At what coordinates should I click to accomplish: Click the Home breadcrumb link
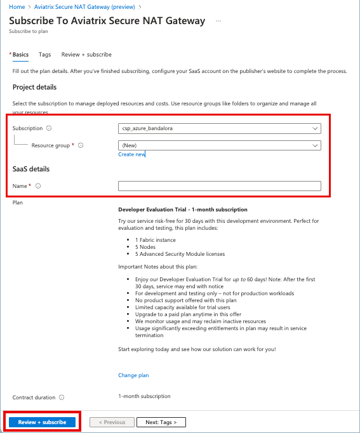pyautogui.click(x=17, y=6)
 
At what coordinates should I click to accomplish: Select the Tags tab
pyautogui.click(x=44, y=55)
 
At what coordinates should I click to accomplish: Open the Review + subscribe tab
pyautogui.click(x=86, y=55)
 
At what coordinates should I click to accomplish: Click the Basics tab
pyautogui.click(x=20, y=55)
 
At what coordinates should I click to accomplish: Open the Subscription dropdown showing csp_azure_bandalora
pyautogui.click(x=219, y=128)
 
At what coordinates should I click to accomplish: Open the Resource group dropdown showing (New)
pyautogui.click(x=219, y=145)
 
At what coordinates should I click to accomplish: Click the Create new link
pyautogui.click(x=131, y=154)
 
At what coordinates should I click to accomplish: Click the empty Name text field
pyautogui.click(x=219, y=186)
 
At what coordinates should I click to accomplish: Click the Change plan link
pyautogui.click(x=133, y=375)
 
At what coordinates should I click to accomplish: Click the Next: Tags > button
pyautogui.click(x=161, y=422)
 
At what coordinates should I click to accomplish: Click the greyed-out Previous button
pyautogui.click(x=112, y=422)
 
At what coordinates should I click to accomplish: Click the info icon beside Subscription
pyautogui.click(x=50, y=128)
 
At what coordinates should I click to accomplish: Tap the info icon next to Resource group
pyautogui.click(x=81, y=145)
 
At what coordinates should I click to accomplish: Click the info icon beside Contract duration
pyautogui.click(x=62, y=397)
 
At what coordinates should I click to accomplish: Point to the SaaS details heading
pyautogui.click(x=31, y=169)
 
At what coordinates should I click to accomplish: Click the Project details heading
pyautogui.click(x=34, y=87)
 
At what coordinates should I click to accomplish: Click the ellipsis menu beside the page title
pyautogui.click(x=218, y=21)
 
